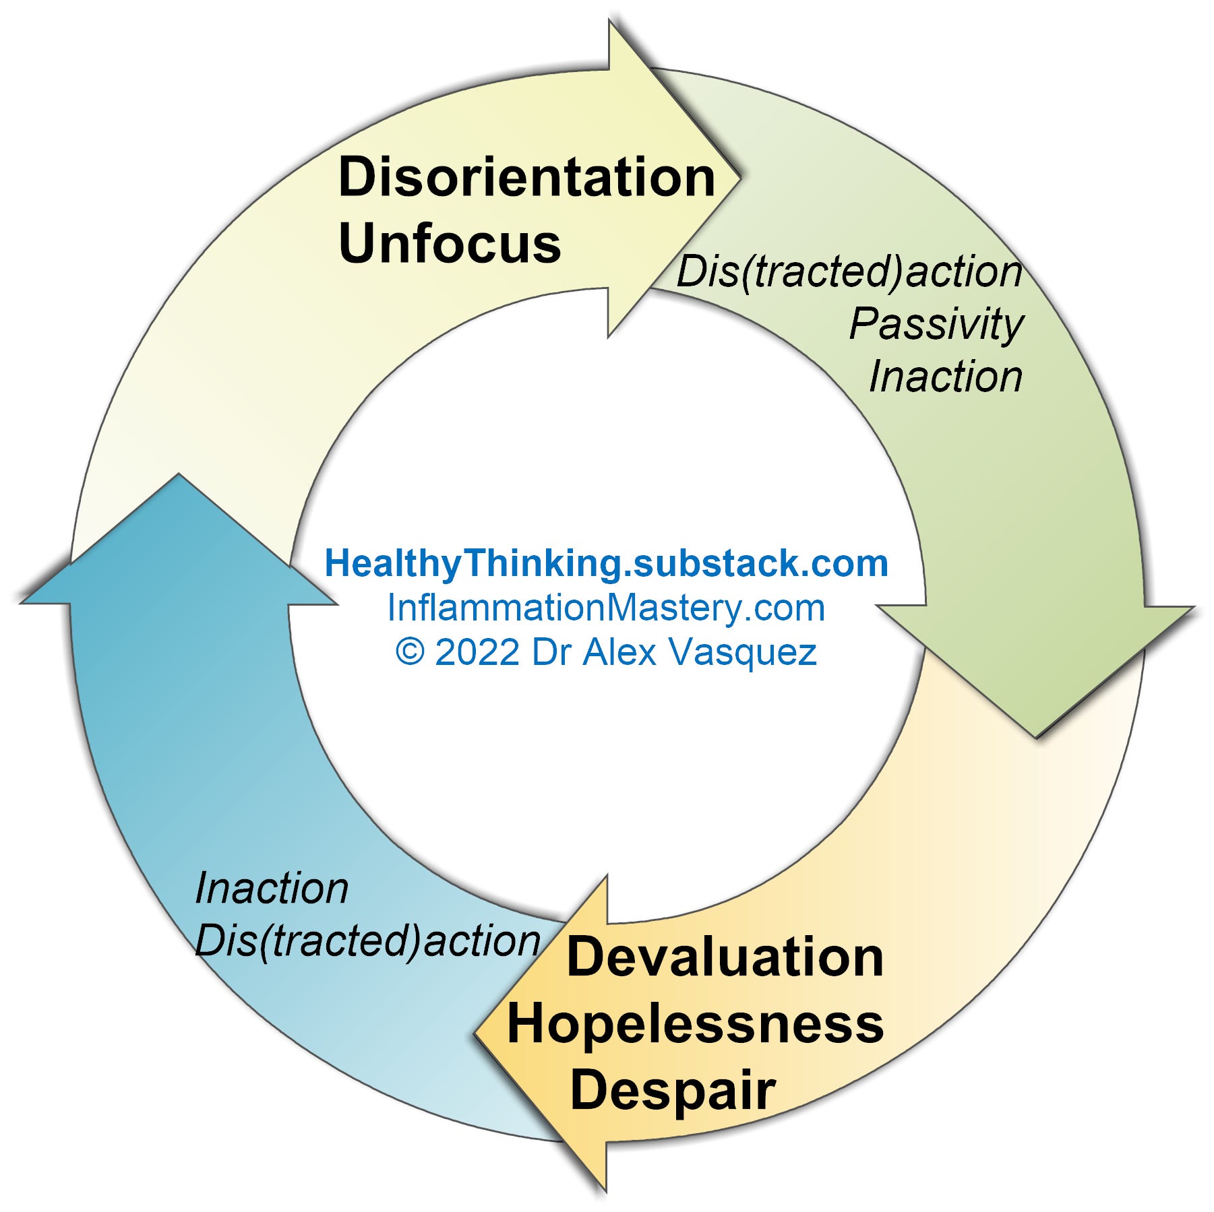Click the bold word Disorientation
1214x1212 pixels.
point(526,177)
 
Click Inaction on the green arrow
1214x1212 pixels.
point(946,376)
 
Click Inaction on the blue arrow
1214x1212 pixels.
point(272,888)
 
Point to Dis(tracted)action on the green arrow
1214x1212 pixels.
point(849,272)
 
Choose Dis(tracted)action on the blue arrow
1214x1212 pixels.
point(368,941)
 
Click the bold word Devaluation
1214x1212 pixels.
point(725,957)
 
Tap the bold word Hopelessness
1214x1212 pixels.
point(696,1023)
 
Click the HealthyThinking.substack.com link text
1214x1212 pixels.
point(607,563)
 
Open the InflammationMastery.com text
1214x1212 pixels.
point(606,608)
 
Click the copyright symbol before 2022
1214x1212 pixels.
point(410,652)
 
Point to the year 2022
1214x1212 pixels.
point(477,652)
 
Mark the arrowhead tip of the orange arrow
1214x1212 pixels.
point(475,1033)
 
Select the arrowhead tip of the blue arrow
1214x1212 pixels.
point(179,474)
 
